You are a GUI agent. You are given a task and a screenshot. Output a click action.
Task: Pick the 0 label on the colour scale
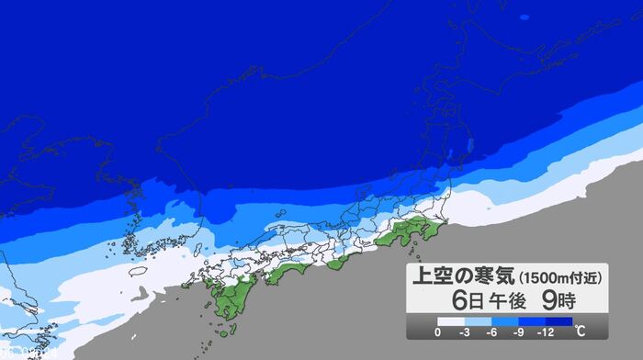(x=437, y=331)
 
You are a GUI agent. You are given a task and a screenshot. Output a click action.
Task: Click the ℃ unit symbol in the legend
(x=580, y=330)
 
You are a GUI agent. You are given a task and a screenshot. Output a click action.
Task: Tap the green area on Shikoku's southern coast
(x=292, y=272)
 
